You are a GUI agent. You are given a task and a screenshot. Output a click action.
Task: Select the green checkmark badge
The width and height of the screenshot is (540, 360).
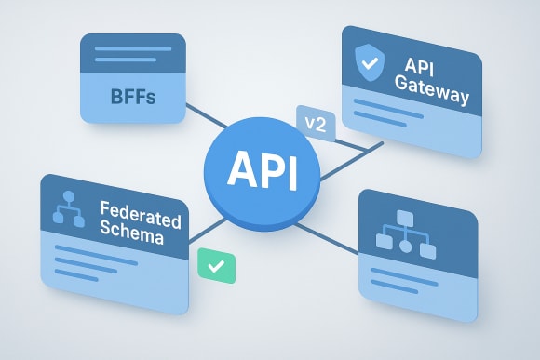(217, 266)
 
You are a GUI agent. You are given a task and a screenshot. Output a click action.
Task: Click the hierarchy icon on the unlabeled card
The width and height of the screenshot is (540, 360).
(406, 233)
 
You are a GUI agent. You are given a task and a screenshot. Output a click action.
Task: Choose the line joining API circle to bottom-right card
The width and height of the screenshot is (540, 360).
(336, 236)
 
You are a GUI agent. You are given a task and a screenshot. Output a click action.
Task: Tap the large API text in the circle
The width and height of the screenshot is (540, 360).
(262, 170)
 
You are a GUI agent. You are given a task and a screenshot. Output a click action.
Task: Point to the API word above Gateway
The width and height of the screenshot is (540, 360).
(421, 69)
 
